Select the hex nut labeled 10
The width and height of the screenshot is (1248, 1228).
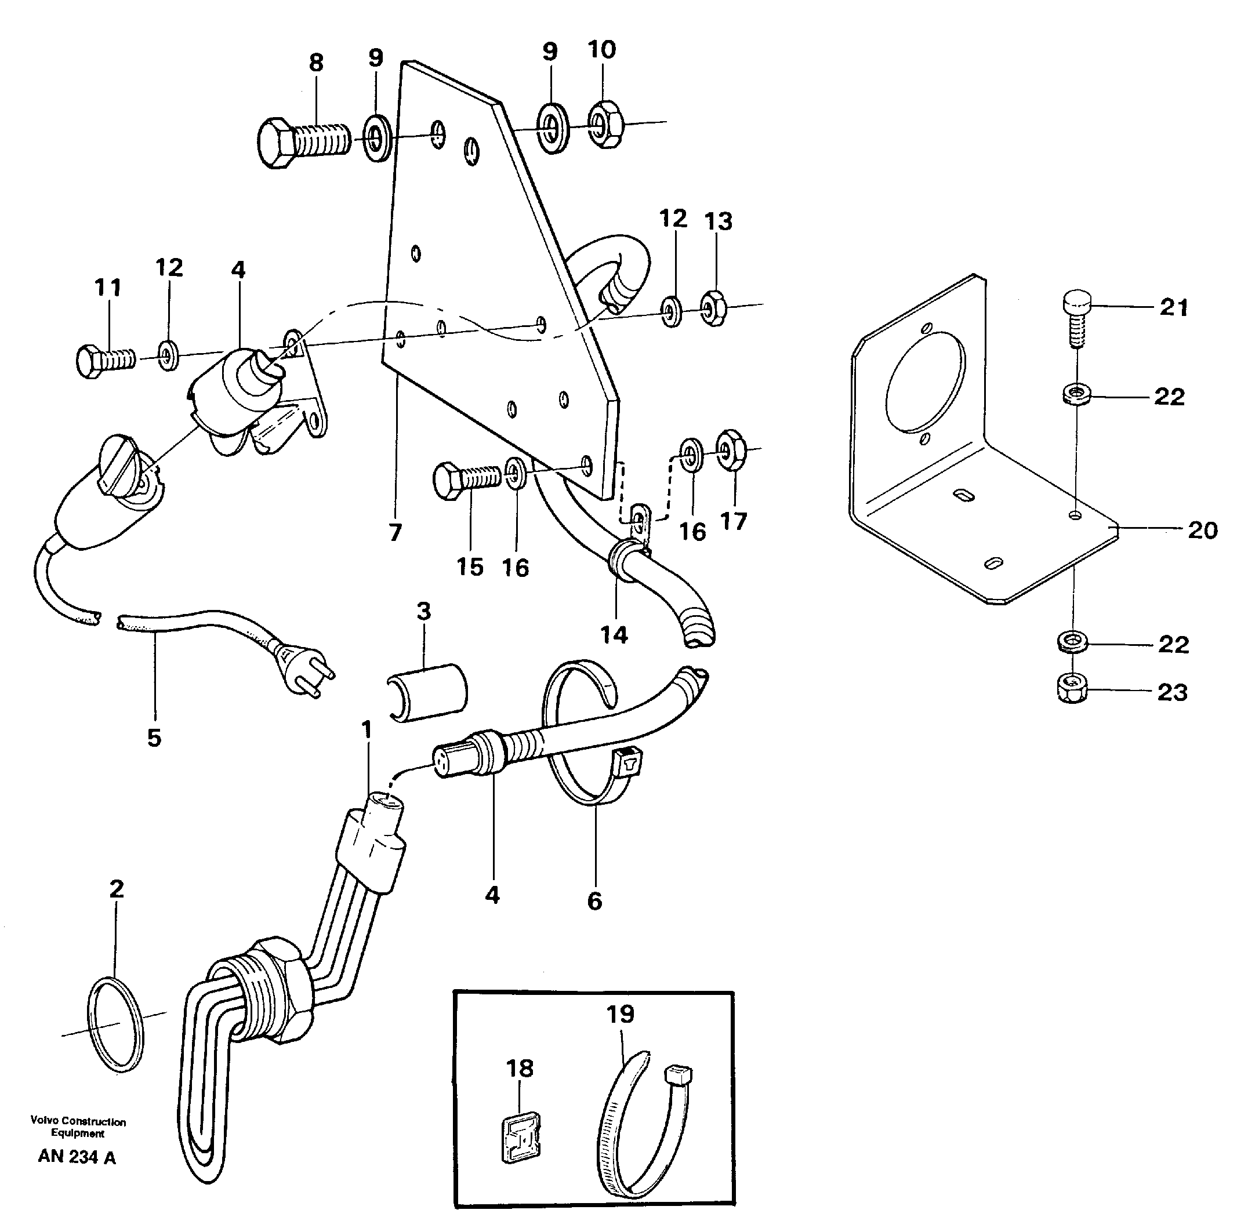click(x=605, y=125)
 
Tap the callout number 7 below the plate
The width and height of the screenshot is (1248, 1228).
click(x=396, y=532)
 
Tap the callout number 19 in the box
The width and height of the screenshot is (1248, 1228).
click(x=621, y=1015)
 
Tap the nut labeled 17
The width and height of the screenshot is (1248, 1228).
click(x=731, y=449)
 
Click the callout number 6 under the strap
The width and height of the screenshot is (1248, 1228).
click(x=594, y=901)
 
